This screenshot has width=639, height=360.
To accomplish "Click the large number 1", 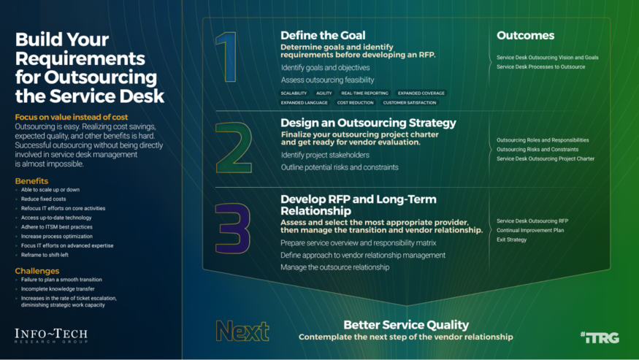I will pos(229,58).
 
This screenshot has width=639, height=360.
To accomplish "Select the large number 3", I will pos(233,229).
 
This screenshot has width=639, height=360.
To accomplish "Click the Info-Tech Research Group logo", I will pos(51,337).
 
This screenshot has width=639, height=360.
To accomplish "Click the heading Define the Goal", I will pos(323,35).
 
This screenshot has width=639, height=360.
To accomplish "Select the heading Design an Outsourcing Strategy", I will pos(368,123).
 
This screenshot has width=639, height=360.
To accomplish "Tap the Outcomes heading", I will pos(525,35).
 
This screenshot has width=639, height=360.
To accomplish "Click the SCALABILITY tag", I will pos(294,93).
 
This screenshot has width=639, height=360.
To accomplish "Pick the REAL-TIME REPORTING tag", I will pos(365,93).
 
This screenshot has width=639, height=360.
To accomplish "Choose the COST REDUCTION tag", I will pos(355,103).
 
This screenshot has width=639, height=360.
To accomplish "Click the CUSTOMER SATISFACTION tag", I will pos(409,103).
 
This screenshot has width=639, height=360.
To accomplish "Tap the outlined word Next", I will pos(242,331).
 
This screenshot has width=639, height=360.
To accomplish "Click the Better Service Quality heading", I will pos(406,325).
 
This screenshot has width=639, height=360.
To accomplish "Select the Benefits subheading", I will pos(31,180).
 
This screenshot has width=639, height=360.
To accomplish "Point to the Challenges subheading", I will pos(37,271).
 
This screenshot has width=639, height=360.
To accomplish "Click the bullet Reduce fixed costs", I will pos(44,199).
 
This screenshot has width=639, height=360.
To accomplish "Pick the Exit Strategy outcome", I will pos(511,240).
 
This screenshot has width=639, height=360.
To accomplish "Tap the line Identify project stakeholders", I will pos(326,155).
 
